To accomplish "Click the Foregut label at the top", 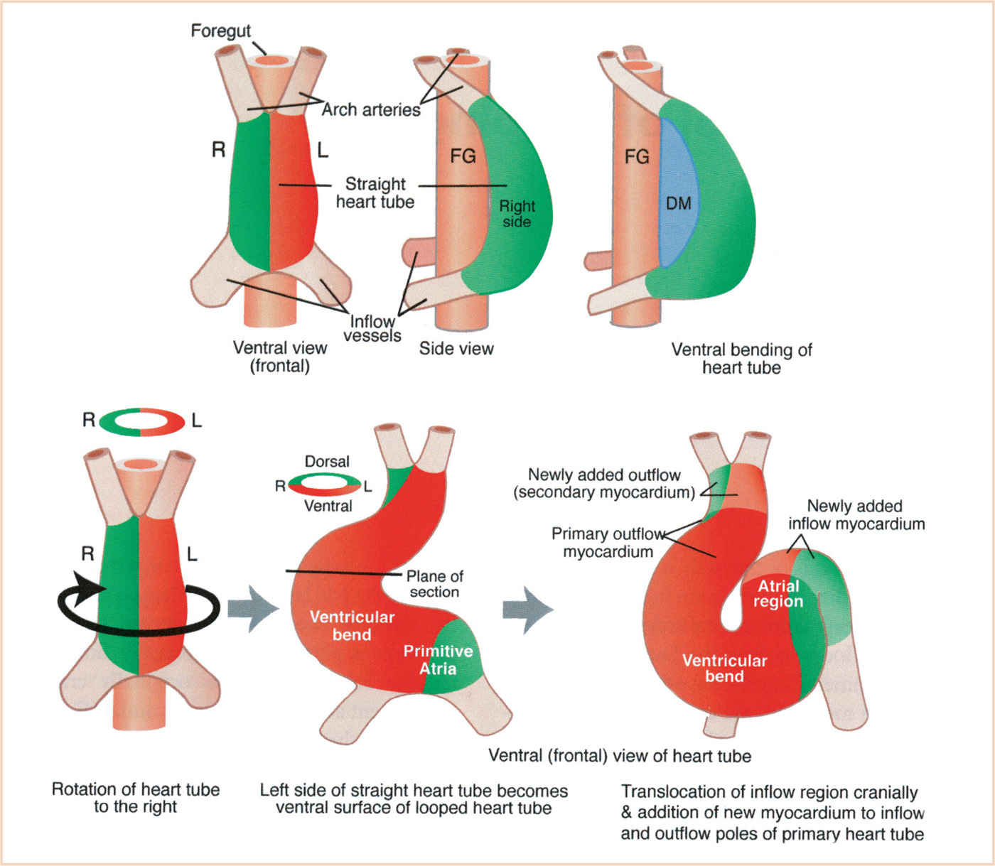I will (220, 31).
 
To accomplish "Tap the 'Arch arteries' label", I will (370, 109).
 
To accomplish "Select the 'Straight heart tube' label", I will (375, 193).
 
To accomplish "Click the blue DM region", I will (678, 203).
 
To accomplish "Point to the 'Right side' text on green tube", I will (517, 214).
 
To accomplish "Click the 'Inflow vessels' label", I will (372, 328).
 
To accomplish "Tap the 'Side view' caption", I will (456, 349).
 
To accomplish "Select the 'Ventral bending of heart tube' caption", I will (741, 359).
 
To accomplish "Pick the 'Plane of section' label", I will (434, 584).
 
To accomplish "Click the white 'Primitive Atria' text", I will (438, 660).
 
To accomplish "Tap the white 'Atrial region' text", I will (778, 594).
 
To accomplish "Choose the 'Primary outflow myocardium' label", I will (608, 543).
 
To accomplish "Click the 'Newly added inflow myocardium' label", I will (856, 515).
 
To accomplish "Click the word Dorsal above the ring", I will (327, 462).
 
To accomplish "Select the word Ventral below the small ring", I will (328, 506).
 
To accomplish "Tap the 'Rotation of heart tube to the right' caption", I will (135, 798).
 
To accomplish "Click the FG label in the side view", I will (463, 156).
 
